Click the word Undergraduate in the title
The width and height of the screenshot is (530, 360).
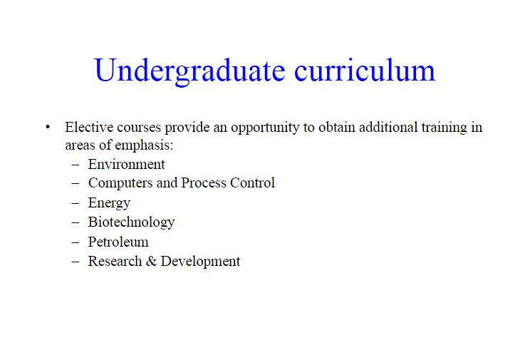[189, 71]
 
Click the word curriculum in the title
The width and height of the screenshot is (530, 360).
[365, 70]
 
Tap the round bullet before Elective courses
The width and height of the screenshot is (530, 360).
[48, 127]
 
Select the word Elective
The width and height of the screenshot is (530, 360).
[89, 127]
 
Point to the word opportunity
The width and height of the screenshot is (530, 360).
[265, 128]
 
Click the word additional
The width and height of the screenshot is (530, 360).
[388, 127]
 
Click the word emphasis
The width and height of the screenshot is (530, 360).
[145, 146]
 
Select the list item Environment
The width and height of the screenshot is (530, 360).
[126, 165]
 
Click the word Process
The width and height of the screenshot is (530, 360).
[204, 182]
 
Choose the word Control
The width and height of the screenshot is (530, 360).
[252, 182]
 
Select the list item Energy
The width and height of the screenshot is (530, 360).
[109, 203]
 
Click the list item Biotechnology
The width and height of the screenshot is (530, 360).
[132, 222]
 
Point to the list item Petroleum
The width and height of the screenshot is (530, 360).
[118, 242]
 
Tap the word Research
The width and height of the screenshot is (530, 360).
[115, 261]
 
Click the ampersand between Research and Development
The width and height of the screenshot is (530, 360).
[151, 261]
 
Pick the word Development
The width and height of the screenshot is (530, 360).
[200, 262]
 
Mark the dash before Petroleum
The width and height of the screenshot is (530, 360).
[76, 242]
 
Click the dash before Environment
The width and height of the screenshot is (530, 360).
[76, 165]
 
